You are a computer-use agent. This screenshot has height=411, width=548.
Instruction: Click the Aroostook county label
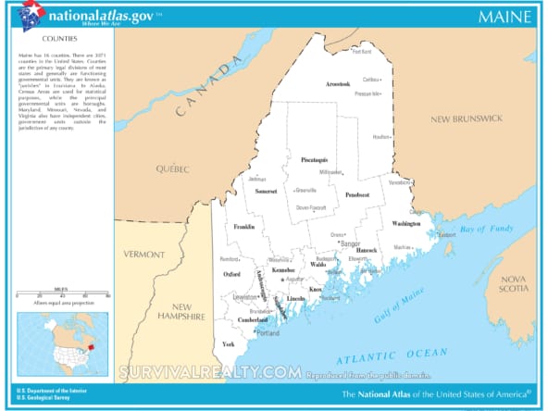(338, 84)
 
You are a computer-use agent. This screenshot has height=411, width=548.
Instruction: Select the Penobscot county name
(357, 195)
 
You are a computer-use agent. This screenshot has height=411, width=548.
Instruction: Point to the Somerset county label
(268, 191)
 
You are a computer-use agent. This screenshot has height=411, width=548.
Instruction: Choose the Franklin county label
(244, 226)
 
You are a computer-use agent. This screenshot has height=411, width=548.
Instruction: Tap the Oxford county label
(232, 274)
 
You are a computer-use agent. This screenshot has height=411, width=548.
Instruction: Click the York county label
(229, 343)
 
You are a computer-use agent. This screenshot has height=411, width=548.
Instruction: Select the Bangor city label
(351, 243)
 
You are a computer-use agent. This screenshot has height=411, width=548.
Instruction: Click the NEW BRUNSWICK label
(466, 118)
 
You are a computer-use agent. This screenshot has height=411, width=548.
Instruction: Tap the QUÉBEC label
(171, 168)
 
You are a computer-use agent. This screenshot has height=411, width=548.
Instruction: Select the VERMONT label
(145, 253)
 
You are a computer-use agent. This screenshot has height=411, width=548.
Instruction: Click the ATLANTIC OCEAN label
(379, 356)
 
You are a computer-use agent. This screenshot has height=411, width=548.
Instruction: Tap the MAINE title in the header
(504, 17)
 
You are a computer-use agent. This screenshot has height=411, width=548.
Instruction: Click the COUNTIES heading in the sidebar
(58, 39)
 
